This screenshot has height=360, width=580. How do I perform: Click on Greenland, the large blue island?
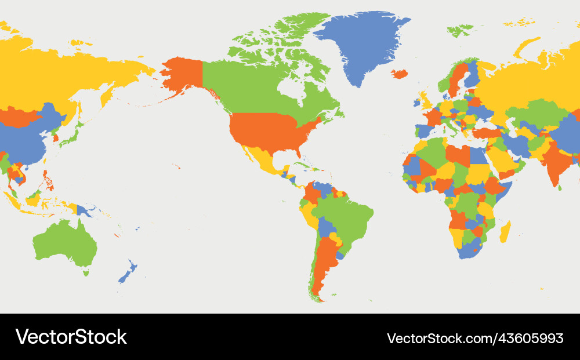pyautogui.click(x=362, y=43)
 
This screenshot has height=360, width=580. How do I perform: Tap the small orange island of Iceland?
pyautogui.click(x=399, y=74)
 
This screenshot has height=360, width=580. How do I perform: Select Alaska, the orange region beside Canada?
pyautogui.click(x=183, y=75)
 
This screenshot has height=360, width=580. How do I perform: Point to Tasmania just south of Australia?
pyautogui.click(x=86, y=271)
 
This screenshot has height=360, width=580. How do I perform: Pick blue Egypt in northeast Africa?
pyautogui.click(x=477, y=155)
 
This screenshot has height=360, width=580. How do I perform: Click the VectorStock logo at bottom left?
pyautogui.click(x=71, y=337)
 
